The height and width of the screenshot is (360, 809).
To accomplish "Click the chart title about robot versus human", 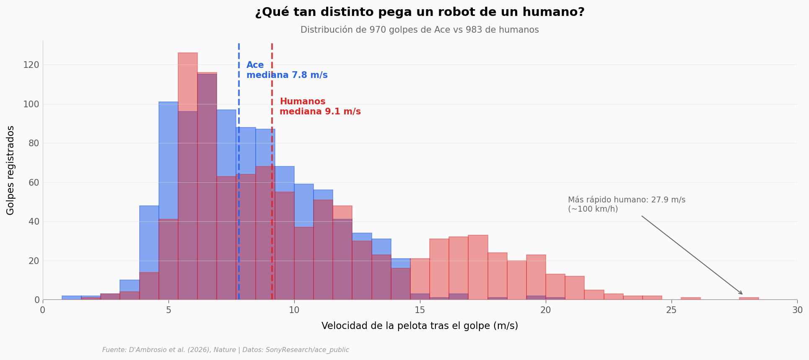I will [420, 12].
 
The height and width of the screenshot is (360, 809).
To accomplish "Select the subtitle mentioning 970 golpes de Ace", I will [420, 30].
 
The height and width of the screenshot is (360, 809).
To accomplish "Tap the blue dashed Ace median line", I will [239, 168].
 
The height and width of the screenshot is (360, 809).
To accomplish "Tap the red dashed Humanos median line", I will [272, 189].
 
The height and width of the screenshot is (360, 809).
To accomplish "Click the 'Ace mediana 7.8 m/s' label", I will [287, 70].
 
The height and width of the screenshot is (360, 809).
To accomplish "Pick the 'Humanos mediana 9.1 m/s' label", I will [320, 107].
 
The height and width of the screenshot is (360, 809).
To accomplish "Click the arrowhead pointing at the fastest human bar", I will [742, 294].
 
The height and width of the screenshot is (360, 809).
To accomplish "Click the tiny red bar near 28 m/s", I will [749, 298].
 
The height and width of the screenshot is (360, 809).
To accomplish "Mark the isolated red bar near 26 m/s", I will [690, 298].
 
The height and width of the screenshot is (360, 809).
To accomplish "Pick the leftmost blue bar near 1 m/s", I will [72, 298].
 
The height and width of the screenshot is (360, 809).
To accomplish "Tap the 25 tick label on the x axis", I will [672, 310].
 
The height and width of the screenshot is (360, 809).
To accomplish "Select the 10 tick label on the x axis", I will [294, 310].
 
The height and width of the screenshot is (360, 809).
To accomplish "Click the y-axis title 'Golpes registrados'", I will [11, 170].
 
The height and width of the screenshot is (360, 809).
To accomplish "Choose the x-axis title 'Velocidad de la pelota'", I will [420, 326].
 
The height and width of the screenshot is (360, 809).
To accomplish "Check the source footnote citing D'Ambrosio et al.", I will [226, 350].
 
